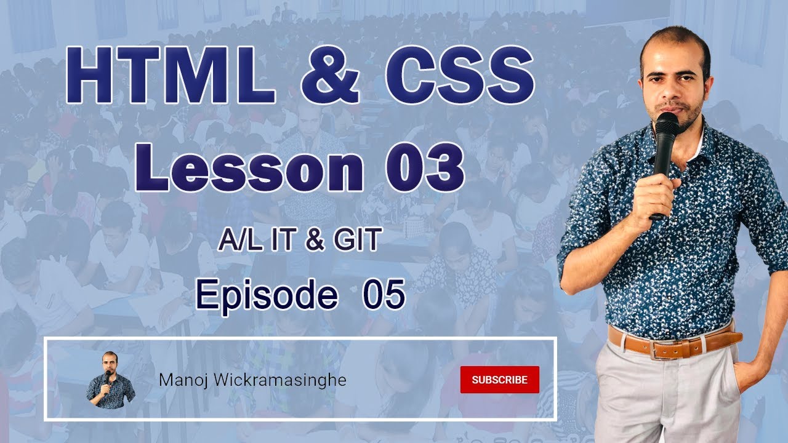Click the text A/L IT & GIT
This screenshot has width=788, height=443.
click(298, 241)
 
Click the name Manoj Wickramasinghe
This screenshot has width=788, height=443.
click(252, 380)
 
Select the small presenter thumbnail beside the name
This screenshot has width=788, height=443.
click(110, 380)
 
